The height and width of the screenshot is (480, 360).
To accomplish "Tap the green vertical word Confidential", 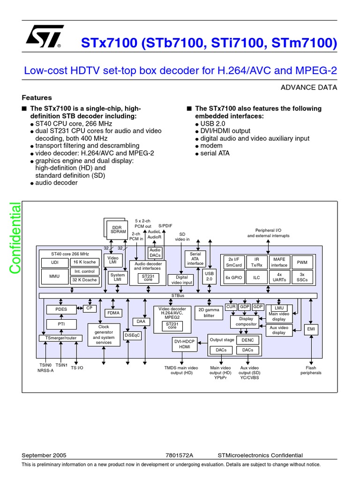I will coord(15,238).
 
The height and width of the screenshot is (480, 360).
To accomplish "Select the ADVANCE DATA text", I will coord(308,87).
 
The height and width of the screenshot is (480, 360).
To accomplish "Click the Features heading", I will coord(37,98).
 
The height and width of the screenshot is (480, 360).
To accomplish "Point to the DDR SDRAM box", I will coord(115,230).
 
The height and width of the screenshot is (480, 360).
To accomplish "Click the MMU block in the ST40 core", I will coord(54,276).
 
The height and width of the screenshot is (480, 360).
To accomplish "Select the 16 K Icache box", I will coord(84,262).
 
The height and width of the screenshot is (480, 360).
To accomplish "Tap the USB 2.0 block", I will coord(209,276).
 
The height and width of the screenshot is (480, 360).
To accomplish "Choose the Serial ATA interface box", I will coord(195,259).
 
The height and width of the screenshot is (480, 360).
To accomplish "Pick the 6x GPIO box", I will coord(233,277).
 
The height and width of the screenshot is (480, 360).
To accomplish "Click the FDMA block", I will coord(113,313).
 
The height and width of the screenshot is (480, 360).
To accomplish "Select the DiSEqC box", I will coord(132,335).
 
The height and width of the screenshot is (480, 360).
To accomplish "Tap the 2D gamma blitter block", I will coord(209,313).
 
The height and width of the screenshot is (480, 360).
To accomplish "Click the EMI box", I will coord(310,330).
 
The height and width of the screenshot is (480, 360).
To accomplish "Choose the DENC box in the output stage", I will coord(247,340).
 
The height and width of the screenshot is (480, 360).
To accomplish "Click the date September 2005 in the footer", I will coord(44,455).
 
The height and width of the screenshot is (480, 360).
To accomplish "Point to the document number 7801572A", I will coord(180,455).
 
